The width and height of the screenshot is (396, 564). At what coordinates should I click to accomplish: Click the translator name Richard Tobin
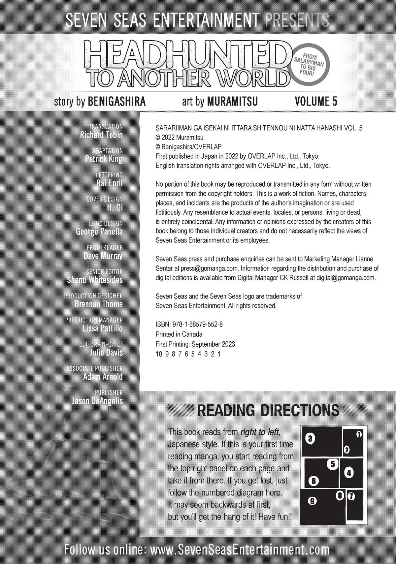click(x=101, y=135)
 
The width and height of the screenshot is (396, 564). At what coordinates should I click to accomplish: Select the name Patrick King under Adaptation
click(x=104, y=159)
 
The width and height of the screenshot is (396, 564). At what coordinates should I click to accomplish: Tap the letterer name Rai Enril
click(x=109, y=183)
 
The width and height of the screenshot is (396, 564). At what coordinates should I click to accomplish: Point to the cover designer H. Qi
click(x=115, y=207)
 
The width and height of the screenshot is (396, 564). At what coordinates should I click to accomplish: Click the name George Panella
click(x=99, y=232)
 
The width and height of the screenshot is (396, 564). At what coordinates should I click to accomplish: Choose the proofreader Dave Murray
click(x=103, y=256)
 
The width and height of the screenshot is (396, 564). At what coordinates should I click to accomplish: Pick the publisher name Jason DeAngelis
click(x=97, y=401)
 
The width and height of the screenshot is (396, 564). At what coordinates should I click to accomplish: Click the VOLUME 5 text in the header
click(x=316, y=101)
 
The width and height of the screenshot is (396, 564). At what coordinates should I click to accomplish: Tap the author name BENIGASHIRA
click(x=116, y=101)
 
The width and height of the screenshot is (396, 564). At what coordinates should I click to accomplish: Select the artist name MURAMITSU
click(x=232, y=101)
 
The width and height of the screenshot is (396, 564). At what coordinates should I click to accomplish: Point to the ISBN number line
click(x=189, y=325)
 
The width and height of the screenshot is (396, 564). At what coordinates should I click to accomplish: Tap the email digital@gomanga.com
click(x=346, y=278)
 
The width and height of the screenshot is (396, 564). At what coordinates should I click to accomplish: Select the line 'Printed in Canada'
click(x=179, y=334)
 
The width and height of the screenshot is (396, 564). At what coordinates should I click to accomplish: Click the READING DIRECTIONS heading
click(x=268, y=411)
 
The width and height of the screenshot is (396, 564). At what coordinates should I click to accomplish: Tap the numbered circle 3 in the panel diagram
click(x=310, y=438)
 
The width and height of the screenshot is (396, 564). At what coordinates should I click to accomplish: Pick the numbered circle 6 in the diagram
click(x=313, y=481)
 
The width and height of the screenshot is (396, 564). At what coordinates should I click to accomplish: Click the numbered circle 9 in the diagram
click(x=312, y=501)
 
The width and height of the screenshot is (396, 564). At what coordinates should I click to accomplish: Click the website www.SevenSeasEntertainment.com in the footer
click(x=240, y=550)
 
